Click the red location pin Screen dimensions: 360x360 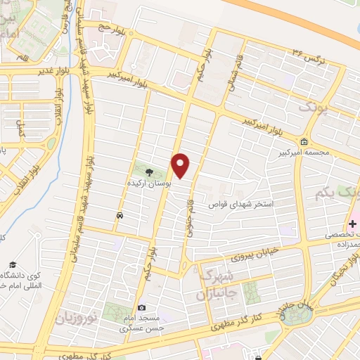pyautogui.click(x=181, y=166)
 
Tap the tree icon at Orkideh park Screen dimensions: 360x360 pyautogui.click(x=148, y=171)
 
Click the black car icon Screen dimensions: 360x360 pyautogui.click(x=120, y=215)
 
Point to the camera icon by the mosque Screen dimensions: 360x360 pyautogui.click(x=141, y=307)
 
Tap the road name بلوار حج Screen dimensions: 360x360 pyautogui.click(x=110, y=28)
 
